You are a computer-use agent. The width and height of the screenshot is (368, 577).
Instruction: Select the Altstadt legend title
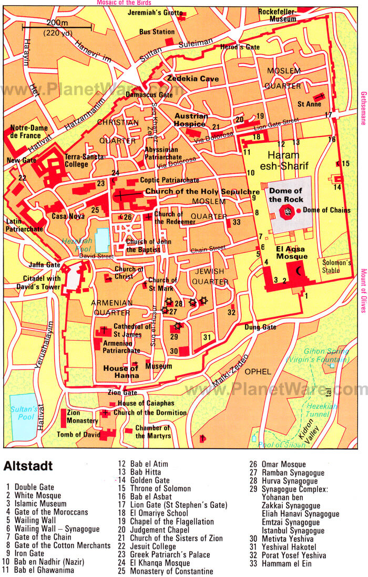pos(28,466)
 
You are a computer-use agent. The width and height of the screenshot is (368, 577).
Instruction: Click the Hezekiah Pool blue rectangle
pos(102,240)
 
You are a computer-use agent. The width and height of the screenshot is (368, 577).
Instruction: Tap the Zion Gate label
pos(122,392)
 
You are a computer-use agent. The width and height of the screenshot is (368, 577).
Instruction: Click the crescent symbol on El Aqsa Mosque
pos(300,271)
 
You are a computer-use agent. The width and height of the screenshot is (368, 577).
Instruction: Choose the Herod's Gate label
pos(233,47)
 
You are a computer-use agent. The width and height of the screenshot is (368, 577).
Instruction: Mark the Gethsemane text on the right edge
pos(363,108)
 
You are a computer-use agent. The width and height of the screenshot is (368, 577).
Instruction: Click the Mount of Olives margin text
pos(363,291)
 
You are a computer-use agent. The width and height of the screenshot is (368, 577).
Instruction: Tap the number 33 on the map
pos(237,222)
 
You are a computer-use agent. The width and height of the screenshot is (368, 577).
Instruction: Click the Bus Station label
pos(157,32)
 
